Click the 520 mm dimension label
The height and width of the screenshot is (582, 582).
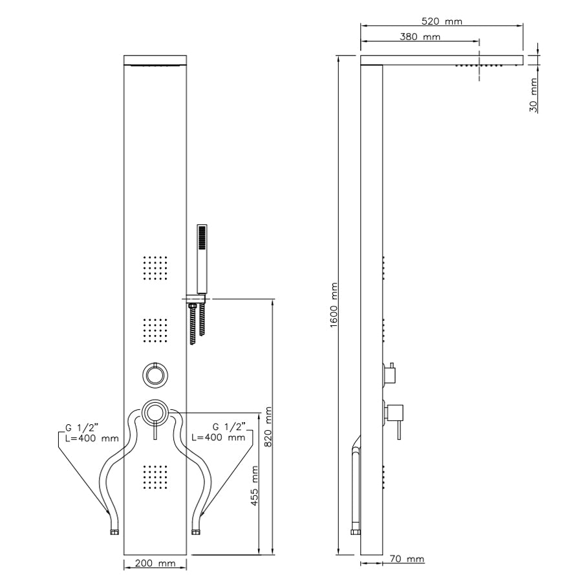click(442, 21)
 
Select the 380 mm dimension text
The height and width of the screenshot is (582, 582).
click(420, 37)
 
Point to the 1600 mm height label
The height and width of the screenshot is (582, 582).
click(334, 305)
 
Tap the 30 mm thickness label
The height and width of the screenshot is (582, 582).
click(533, 95)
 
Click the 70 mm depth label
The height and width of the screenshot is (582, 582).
click(407, 559)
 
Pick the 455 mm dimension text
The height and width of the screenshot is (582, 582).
click(254, 486)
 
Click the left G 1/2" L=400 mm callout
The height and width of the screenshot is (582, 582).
click(92, 433)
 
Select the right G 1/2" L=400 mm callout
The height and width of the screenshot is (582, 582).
click(219, 432)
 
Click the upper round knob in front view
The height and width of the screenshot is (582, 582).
click(155, 375)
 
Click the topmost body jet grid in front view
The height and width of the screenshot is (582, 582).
click(155, 268)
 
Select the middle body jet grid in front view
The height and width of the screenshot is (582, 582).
click(155, 330)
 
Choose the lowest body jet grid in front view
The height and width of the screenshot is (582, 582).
click(155, 477)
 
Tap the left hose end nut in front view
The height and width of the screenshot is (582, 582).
click(114, 532)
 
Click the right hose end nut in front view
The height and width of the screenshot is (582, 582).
click(195, 532)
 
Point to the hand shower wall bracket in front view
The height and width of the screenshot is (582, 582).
click(197, 298)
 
